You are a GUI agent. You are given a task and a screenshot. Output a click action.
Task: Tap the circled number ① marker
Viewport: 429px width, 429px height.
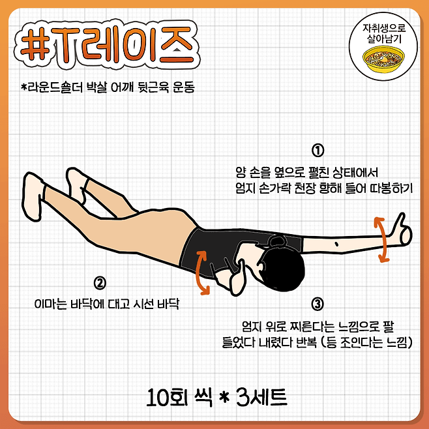(318, 151)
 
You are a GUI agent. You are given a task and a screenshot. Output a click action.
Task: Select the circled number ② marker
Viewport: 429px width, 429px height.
(100, 283)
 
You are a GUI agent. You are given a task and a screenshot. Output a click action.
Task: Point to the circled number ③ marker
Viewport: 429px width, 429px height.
(318, 304)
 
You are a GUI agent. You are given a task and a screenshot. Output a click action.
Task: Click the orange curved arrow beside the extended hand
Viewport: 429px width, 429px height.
(383, 240)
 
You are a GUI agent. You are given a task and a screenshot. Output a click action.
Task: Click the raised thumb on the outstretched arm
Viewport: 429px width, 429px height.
(400, 222)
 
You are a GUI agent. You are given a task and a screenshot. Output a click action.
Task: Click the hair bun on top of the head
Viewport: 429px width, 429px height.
(277, 242)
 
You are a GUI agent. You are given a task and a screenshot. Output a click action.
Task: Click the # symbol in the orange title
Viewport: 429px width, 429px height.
(35, 44)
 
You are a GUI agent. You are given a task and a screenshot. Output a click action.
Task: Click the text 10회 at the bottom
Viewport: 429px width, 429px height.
(167, 397)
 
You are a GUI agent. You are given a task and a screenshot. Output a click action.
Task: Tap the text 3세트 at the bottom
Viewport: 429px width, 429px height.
(261, 396)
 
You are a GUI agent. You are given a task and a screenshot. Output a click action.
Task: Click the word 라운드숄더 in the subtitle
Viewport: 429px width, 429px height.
(52, 87)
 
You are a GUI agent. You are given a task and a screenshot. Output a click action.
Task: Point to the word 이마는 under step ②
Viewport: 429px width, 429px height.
(51, 304)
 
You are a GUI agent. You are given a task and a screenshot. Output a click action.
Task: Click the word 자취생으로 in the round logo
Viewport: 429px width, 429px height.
(384, 28)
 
